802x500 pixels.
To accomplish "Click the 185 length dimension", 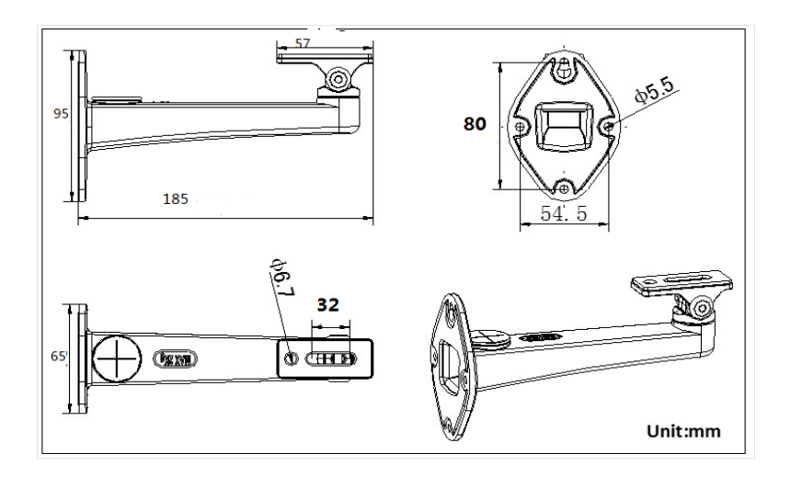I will point(176,197).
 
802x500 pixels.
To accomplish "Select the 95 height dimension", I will point(62,114).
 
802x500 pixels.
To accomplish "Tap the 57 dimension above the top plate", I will point(302,43).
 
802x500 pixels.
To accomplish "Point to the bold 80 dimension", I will point(475,123).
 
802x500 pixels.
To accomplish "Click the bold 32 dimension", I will point(329,304).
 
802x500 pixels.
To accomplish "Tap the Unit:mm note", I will point(683,430).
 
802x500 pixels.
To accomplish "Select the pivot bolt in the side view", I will point(338,79).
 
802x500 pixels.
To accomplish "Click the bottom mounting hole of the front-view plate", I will point(564,187).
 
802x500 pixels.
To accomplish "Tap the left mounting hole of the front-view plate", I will point(521,126).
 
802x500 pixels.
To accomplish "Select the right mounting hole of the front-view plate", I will point(608,126).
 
